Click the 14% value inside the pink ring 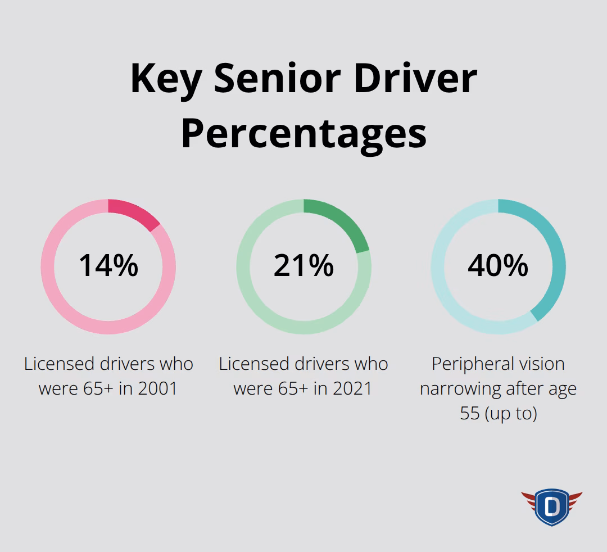click(x=108, y=265)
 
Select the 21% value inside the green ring click(x=303, y=265)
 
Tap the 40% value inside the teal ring click(x=498, y=265)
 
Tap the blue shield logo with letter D click(x=551, y=507)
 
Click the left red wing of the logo click(x=529, y=499)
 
